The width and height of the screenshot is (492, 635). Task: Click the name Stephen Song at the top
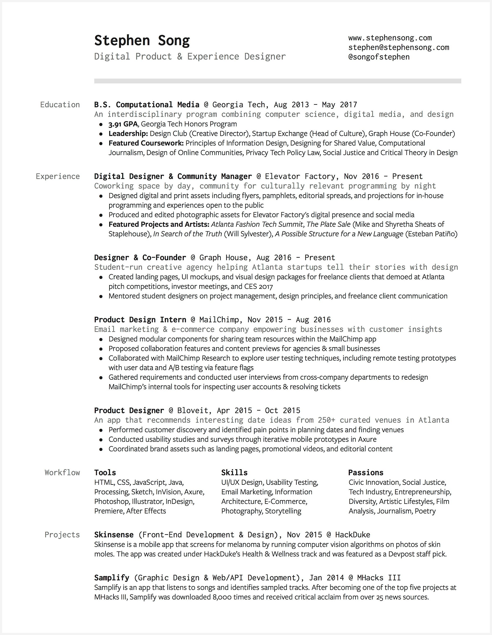click(142, 41)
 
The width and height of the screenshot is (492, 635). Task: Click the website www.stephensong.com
click(390, 38)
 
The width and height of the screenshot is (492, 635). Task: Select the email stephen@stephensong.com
click(399, 47)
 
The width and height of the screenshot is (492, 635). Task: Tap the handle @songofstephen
click(379, 57)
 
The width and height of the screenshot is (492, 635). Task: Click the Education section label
click(60, 105)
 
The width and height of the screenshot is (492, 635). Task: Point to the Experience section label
click(58, 176)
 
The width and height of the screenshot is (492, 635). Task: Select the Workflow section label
click(62, 472)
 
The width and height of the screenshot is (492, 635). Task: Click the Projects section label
click(62, 535)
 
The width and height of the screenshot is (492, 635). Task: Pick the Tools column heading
click(105, 472)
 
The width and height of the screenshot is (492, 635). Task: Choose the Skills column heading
click(234, 472)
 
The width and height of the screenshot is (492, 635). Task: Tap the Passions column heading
click(366, 472)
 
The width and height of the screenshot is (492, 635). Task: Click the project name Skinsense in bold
click(114, 535)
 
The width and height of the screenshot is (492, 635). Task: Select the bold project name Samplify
click(112, 578)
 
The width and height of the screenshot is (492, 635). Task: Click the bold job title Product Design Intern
click(140, 320)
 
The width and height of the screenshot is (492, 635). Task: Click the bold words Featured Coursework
click(146, 143)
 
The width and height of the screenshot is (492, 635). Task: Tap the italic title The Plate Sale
click(328, 224)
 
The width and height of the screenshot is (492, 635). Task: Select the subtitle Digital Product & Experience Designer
click(190, 57)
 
